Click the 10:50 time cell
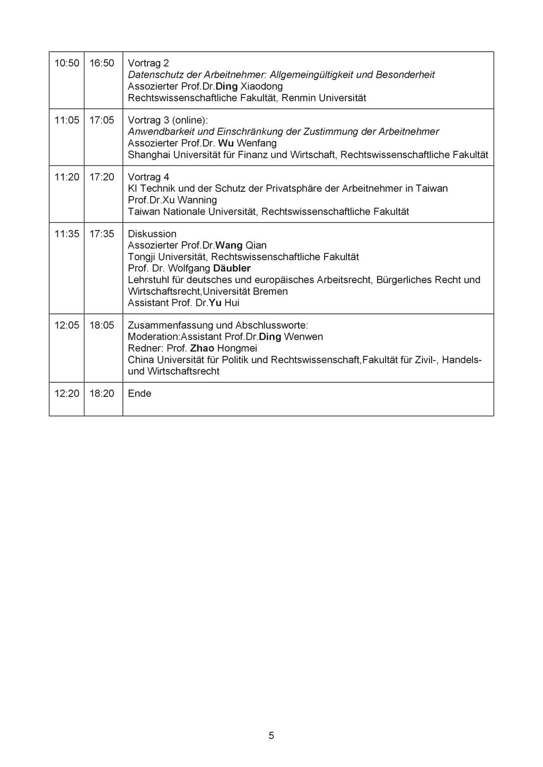click(67, 63)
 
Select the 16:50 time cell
click(102, 63)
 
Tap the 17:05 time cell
click(102, 120)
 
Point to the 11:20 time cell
click(67, 177)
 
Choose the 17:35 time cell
click(102, 234)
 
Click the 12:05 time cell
click(67, 325)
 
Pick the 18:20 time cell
click(102, 393)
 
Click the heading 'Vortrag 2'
click(148, 63)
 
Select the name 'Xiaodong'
click(261, 86)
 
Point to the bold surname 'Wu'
click(226, 143)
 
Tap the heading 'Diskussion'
click(152, 234)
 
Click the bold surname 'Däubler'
click(232, 268)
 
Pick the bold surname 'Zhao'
click(202, 348)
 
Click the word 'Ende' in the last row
click(139, 393)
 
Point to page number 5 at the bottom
click(271, 735)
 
